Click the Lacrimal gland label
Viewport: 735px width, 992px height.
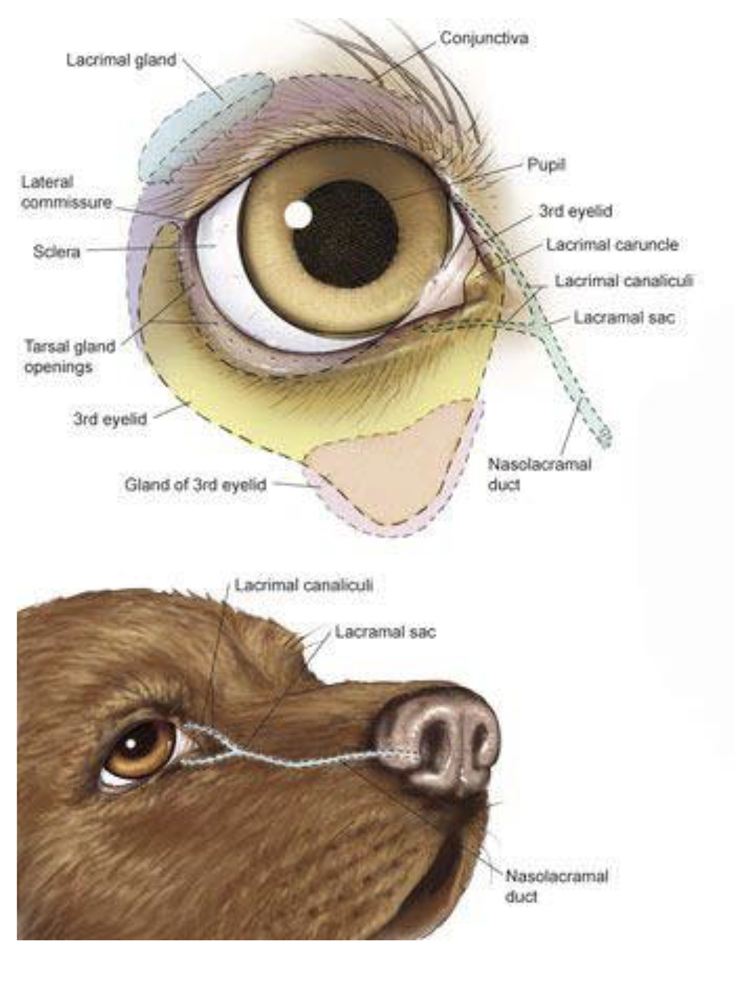(x=121, y=61)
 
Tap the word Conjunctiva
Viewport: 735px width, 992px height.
(x=483, y=38)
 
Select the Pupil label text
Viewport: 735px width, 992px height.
(x=546, y=166)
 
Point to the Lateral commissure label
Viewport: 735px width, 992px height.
(x=66, y=192)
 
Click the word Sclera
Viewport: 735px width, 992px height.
(x=57, y=251)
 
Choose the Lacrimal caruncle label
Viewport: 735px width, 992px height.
(x=612, y=245)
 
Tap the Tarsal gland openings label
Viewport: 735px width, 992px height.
(x=69, y=356)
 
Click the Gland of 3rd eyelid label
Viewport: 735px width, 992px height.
(x=196, y=485)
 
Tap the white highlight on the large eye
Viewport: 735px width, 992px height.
(x=298, y=214)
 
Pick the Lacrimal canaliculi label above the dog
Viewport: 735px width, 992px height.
(x=303, y=585)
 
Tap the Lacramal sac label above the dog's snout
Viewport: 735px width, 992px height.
(x=385, y=632)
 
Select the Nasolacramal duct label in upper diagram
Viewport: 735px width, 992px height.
(x=539, y=474)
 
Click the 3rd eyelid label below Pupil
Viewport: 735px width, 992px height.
(x=575, y=212)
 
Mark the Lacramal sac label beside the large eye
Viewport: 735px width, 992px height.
(x=624, y=318)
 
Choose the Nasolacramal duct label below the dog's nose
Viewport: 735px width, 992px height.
(x=556, y=885)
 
